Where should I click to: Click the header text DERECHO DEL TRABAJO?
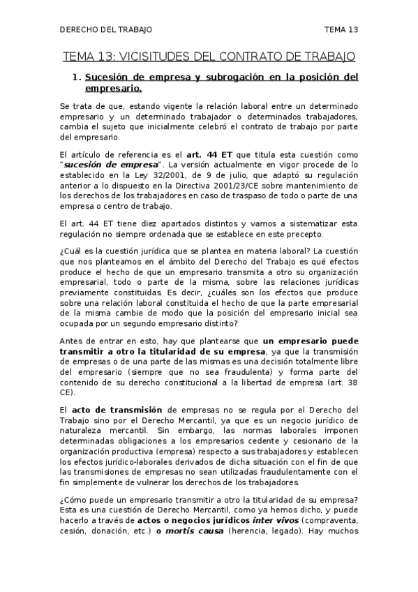coord(106,29)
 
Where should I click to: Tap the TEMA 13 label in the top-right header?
coord(341,29)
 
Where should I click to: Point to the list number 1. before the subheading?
coord(77,77)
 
